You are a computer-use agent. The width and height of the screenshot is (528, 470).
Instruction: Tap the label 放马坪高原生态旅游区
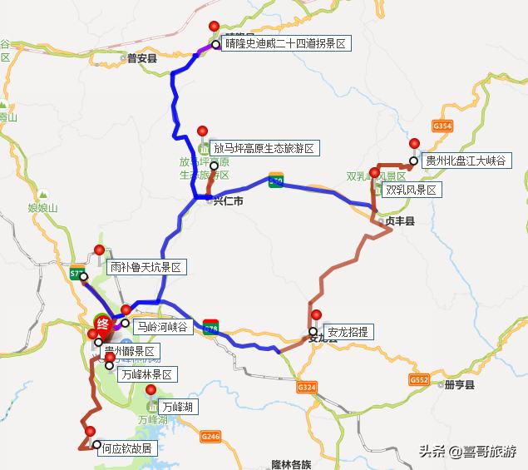point(264,148)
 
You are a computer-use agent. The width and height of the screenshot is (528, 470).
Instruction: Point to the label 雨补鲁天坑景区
point(145,268)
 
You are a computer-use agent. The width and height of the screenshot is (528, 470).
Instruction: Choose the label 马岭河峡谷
point(164,326)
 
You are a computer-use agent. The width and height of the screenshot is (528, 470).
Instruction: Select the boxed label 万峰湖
point(177,407)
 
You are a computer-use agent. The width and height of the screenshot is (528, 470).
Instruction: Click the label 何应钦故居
point(126,448)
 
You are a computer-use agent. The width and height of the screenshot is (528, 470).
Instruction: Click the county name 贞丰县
point(400,223)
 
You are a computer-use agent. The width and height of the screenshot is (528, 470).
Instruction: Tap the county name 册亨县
point(459,386)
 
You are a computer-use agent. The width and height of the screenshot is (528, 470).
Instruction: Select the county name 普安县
point(142,58)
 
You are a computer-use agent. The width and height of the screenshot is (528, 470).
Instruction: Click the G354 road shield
point(442,126)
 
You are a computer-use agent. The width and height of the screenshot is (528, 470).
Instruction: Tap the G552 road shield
point(418,379)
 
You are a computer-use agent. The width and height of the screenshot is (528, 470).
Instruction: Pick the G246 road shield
point(210,436)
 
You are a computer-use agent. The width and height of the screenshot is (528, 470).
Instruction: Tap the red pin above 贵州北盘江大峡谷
point(414,143)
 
